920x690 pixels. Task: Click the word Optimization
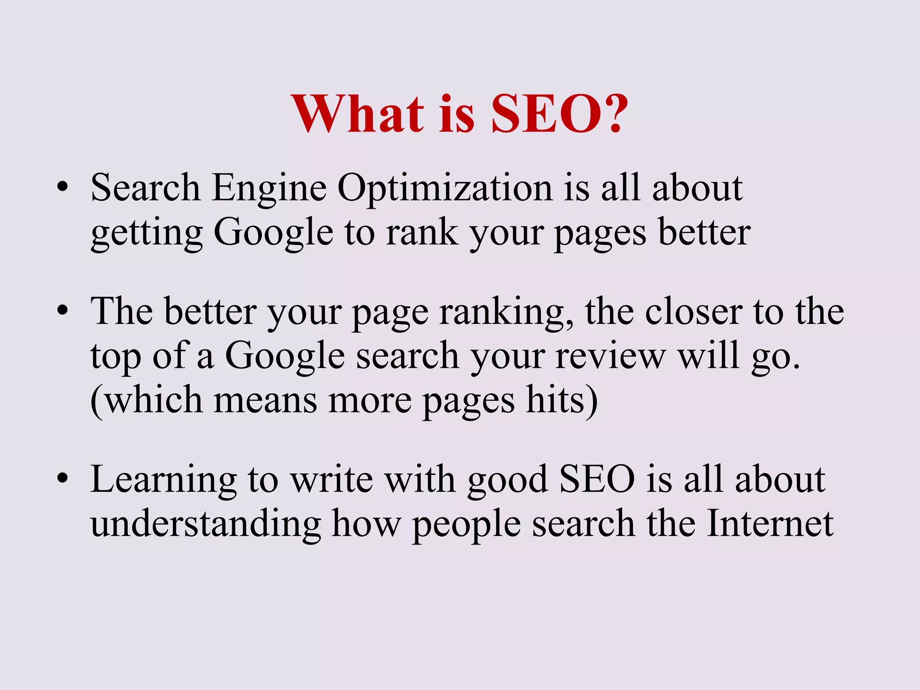pos(444,188)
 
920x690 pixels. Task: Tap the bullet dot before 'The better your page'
pos(63,310)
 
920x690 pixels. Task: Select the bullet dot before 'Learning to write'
pos(63,479)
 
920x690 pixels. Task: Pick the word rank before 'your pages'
pos(422,232)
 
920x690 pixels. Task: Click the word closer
pos(694,311)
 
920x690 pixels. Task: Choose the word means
pos(265,400)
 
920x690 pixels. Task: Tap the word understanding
pos(206,524)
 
